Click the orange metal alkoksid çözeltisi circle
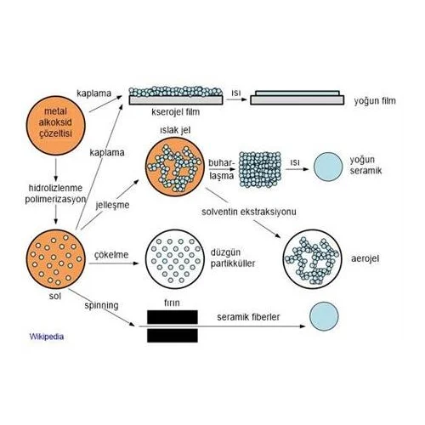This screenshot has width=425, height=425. tap(55, 125)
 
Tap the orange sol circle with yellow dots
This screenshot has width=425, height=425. tap(55, 259)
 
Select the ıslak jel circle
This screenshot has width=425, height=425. tap(175, 167)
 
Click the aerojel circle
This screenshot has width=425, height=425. tap(313, 259)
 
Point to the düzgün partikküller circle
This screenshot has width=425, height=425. tap(175, 259)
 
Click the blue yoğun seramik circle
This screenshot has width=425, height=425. tap(328, 167)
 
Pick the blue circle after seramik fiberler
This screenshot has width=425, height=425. tap(324, 316)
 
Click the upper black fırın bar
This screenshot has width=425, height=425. tap(173, 317)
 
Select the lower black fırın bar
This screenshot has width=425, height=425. tap(173, 336)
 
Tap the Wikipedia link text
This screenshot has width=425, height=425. tap(47, 337)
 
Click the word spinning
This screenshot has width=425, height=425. tap(101, 306)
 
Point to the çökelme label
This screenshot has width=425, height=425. tap(111, 255)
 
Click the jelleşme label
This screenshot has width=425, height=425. tap(112, 205)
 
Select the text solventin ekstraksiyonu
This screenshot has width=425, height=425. tap(249, 212)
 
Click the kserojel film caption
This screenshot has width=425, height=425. tap(176, 112)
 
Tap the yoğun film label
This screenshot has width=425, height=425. tap(375, 101)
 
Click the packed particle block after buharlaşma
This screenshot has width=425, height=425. tap(260, 169)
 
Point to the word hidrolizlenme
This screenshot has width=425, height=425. tap(55, 188)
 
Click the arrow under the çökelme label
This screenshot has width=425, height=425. tap(114, 263)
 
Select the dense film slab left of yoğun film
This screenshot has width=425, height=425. tap(297, 98)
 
